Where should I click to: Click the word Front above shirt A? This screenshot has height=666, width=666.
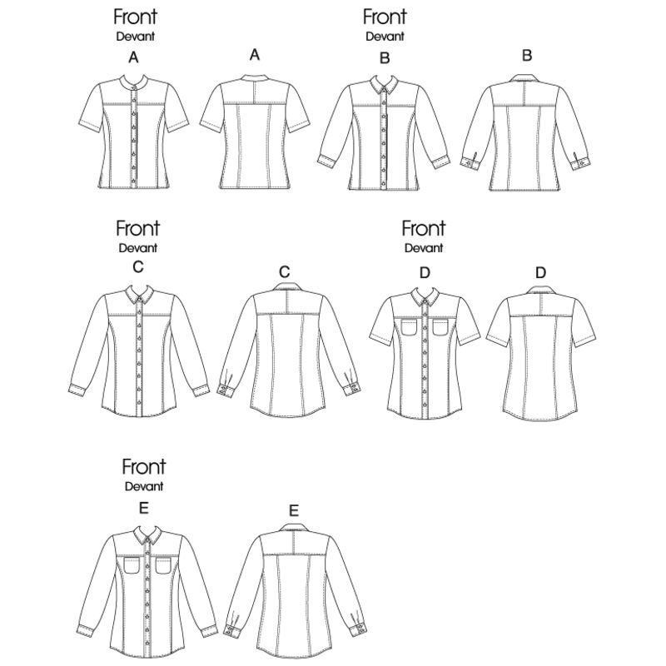pyautogui.click(x=135, y=17)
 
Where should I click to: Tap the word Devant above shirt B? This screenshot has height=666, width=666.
pyautogui.click(x=385, y=37)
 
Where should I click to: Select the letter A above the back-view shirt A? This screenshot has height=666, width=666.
pyautogui.click(x=255, y=55)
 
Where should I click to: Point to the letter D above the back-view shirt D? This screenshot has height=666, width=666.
pyautogui.click(x=540, y=272)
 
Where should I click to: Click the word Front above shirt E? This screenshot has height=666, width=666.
pyautogui.click(x=143, y=467)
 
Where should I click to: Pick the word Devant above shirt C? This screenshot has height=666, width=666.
pyautogui.click(x=138, y=248)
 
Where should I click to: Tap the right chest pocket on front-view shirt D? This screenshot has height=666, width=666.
pyautogui.click(x=441, y=327)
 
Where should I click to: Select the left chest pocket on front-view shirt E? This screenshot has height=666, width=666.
pyautogui.click(x=132, y=566)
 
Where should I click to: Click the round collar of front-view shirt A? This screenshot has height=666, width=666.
pyautogui.click(x=134, y=81)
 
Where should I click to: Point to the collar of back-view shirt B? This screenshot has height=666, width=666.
pyautogui.click(x=526, y=78)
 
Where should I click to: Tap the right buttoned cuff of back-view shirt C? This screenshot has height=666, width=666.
pyautogui.click(x=352, y=389)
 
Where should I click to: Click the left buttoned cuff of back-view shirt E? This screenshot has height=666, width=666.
pyautogui.click(x=232, y=630)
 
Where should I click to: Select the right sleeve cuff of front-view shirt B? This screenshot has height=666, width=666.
pyautogui.click(x=441, y=162)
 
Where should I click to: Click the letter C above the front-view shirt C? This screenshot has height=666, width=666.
pyautogui.click(x=138, y=267)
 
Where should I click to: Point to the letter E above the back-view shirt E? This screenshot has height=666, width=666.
pyautogui.click(x=294, y=510)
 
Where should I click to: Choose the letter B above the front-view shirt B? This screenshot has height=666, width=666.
pyautogui.click(x=385, y=57)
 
